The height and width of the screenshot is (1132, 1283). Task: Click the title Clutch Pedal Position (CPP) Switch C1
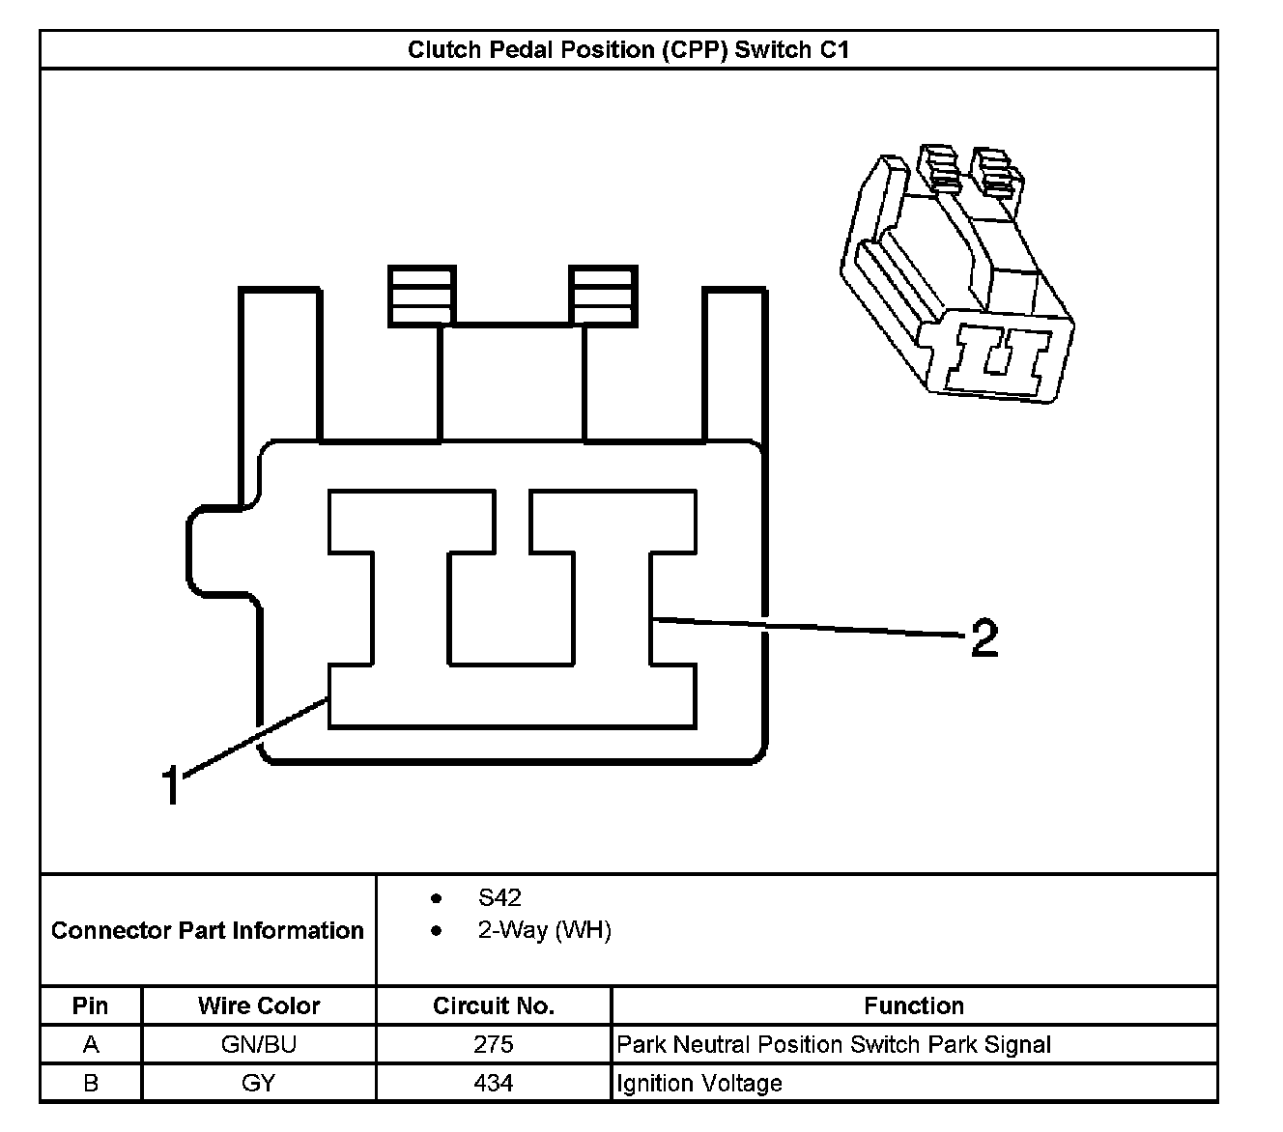(x=628, y=49)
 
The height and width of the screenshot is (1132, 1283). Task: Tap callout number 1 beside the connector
(x=171, y=785)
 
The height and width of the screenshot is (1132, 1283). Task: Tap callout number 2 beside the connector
(x=984, y=639)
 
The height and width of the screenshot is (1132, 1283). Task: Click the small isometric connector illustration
(x=957, y=274)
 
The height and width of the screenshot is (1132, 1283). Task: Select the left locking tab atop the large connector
(x=421, y=296)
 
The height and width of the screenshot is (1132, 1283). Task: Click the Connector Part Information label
(x=208, y=930)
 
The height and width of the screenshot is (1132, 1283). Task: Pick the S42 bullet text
(x=499, y=898)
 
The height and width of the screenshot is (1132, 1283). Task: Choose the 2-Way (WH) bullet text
(x=544, y=930)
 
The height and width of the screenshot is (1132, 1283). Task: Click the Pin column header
(x=91, y=1005)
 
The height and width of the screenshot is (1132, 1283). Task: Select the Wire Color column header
(x=259, y=1005)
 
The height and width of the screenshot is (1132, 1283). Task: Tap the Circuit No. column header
(x=494, y=1005)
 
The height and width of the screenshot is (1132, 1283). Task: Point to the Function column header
(x=914, y=1005)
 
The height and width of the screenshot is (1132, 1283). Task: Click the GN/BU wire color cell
(x=259, y=1044)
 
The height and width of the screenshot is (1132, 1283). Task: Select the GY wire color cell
(x=259, y=1084)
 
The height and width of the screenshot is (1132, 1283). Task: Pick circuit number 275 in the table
(x=494, y=1044)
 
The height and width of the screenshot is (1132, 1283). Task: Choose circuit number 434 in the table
(x=494, y=1084)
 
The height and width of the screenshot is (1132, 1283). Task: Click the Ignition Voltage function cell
(x=699, y=1084)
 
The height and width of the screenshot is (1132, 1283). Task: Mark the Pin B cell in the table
(x=91, y=1084)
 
